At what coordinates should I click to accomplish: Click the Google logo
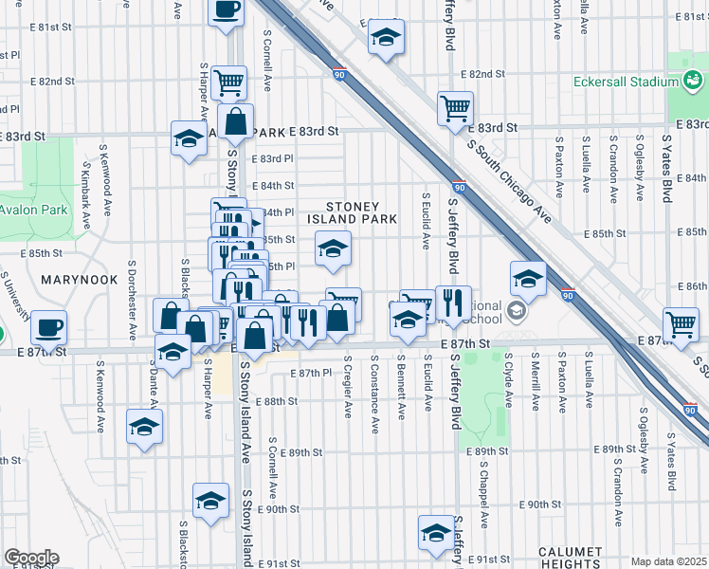pos(30,558)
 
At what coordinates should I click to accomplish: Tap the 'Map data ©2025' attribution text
pos(669,561)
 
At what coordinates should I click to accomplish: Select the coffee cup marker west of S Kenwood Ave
pos(48,329)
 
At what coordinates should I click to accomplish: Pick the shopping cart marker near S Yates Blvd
pos(681,324)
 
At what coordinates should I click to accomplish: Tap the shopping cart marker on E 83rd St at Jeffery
pos(455,108)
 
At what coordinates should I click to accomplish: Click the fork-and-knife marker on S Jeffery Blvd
pos(453,303)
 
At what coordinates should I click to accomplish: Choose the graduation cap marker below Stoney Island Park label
pos(333,249)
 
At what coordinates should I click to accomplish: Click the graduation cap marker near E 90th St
pos(210,501)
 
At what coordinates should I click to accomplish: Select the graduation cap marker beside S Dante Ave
pos(144,428)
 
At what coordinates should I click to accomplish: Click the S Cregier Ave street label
pos(349,389)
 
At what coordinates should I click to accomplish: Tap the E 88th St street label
pos(280,401)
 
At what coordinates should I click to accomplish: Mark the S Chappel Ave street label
pos(482,496)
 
